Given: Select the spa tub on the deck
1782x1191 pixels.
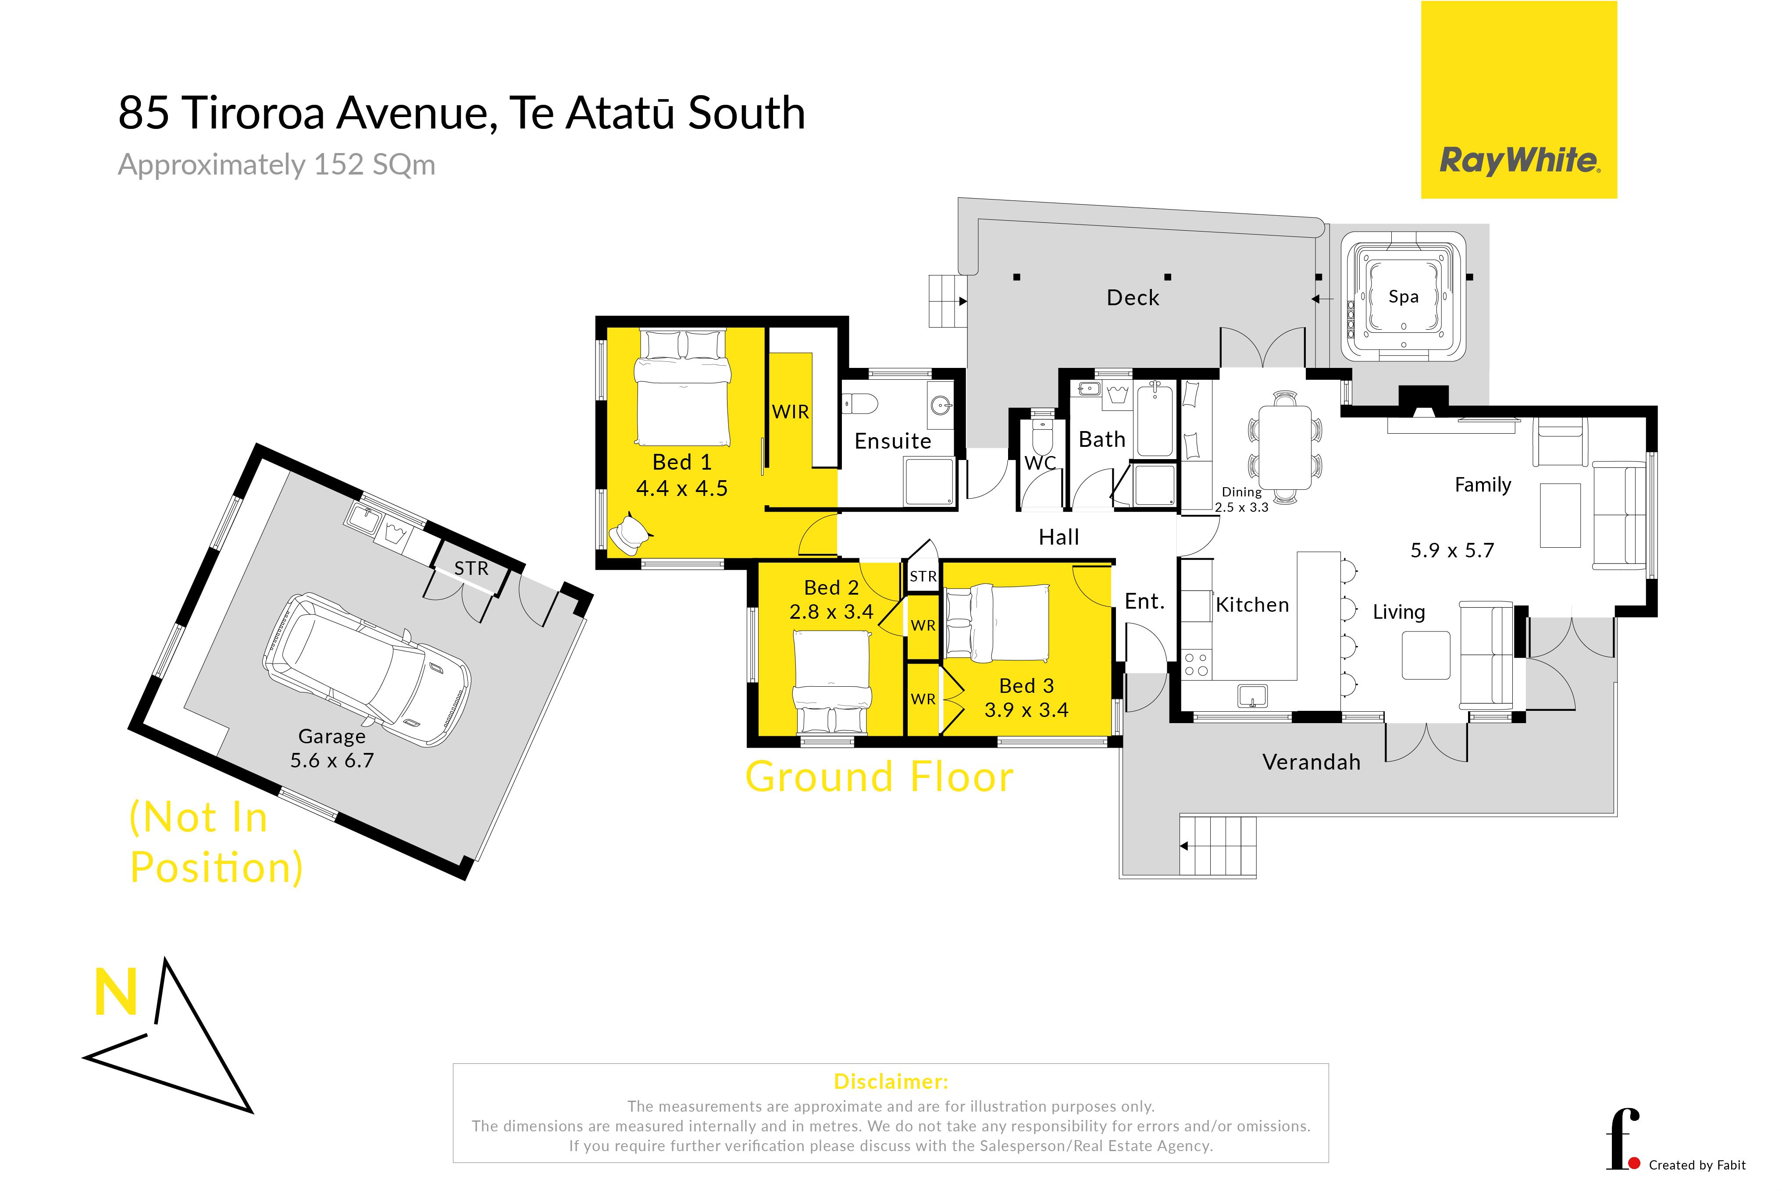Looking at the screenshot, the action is click(x=1403, y=296).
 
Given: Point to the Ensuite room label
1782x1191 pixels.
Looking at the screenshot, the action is click(x=892, y=441).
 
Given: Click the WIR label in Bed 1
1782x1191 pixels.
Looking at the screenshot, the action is click(x=791, y=412).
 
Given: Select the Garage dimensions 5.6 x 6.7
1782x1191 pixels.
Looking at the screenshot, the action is click(x=332, y=760).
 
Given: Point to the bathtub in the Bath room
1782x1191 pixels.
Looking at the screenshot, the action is click(x=1155, y=419).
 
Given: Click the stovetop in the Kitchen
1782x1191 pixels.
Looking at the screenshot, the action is click(x=1196, y=664).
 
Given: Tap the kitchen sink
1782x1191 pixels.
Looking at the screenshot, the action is click(x=1252, y=695).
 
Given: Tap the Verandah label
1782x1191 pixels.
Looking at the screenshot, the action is click(x=1311, y=762).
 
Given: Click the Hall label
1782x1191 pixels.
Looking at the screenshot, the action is click(x=1059, y=538).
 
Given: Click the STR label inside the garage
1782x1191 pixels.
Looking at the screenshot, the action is click(x=471, y=568).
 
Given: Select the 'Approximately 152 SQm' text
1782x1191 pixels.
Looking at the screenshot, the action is click(x=277, y=165).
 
